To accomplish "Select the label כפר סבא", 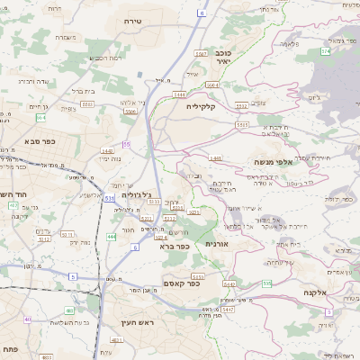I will tap(42, 142).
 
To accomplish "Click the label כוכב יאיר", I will tap(218, 57).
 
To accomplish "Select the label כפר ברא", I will tap(174, 246).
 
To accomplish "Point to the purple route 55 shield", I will tap(127, 144).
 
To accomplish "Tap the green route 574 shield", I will tap(324, 51).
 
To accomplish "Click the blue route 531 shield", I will tap(109, 197).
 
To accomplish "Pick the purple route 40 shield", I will tap(27, 319).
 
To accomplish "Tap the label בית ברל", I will tap(83, 91).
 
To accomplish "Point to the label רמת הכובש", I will tap(105, 58).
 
